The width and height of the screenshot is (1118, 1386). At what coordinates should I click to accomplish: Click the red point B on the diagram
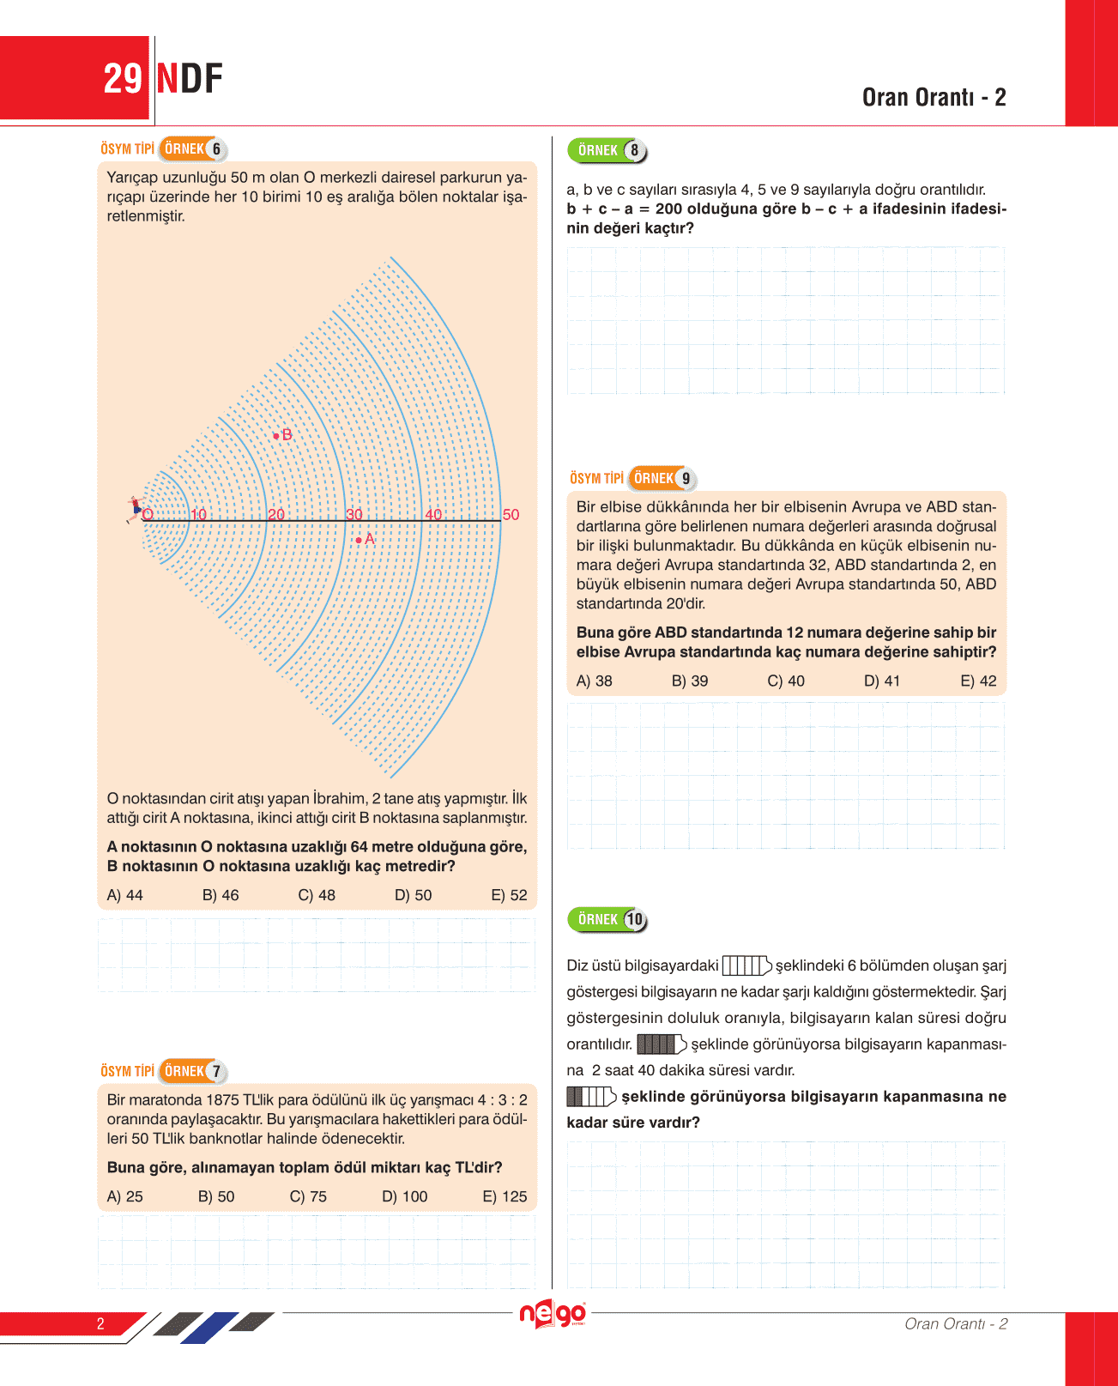tap(276, 436)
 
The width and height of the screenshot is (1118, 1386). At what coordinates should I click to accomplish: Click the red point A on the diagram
tap(359, 540)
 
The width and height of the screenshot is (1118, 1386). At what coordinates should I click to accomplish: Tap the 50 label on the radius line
tap(511, 515)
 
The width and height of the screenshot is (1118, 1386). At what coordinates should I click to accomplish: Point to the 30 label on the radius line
tap(354, 515)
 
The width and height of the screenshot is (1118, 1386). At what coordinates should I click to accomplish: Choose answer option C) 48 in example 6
tap(317, 895)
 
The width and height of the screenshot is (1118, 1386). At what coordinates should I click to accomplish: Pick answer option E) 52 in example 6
tap(509, 895)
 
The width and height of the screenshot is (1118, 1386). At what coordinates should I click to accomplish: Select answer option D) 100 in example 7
tap(404, 1196)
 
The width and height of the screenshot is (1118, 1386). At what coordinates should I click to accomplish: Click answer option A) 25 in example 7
tap(125, 1196)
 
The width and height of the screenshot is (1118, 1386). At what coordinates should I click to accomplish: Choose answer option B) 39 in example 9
tap(690, 681)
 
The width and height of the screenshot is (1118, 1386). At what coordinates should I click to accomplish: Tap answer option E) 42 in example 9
tap(978, 681)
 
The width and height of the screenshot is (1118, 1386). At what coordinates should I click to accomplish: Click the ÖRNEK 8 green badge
tap(607, 151)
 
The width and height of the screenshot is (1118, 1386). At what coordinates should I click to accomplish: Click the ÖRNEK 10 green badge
tap(607, 920)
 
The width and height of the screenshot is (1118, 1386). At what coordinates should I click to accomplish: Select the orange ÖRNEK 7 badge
tap(194, 1071)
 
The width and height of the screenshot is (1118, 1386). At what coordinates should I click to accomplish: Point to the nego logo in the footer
tap(553, 1314)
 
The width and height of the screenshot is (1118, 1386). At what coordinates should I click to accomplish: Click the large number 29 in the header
tap(122, 79)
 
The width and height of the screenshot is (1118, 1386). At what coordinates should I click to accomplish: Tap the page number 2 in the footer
tap(100, 1323)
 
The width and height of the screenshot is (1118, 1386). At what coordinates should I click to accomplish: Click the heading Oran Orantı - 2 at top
tap(934, 98)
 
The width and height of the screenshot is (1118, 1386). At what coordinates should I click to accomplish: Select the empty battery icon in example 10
tap(746, 966)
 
